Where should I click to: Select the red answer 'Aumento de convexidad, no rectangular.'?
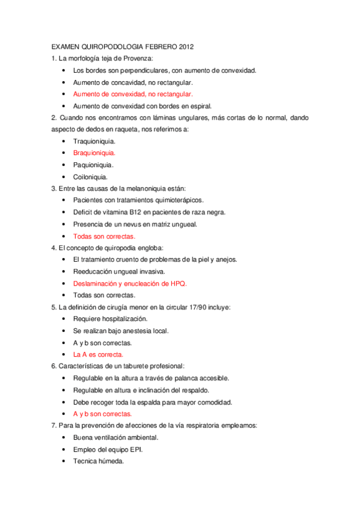coord(133,94)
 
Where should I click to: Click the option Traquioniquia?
coord(94,141)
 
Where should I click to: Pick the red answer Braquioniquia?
coord(94,153)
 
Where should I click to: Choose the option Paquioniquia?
coord(93,165)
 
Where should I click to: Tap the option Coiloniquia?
coord(91,177)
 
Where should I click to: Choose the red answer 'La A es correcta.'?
coord(99,355)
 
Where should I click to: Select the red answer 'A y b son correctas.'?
coord(102,414)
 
